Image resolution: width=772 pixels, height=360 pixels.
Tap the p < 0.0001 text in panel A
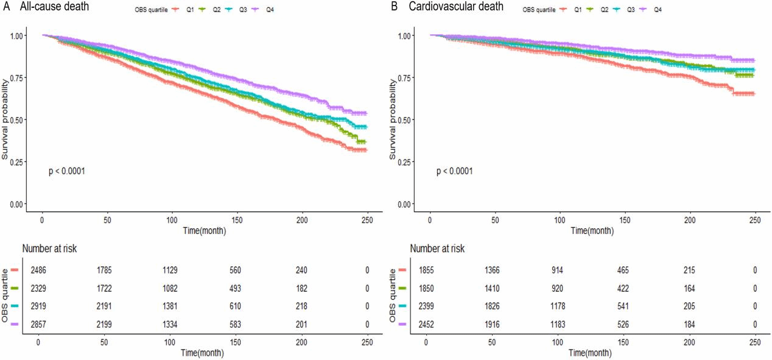(x=66, y=171)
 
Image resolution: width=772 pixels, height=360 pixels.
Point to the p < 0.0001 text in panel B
(x=454, y=171)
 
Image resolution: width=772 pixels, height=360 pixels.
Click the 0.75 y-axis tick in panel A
(x=18, y=77)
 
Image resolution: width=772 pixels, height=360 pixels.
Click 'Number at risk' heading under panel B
(x=437, y=248)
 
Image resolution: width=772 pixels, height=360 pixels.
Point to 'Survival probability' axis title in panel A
(x=5, y=119)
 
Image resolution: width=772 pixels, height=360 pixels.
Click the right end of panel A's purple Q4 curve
(x=366, y=113)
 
